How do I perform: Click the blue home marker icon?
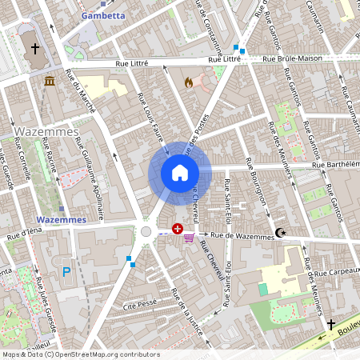[x=179, y=172]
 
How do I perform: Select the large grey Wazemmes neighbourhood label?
[x=46, y=130]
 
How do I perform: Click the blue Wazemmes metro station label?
[x=61, y=219]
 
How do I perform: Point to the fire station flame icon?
[x=189, y=82]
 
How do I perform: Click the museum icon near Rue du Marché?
[x=50, y=82]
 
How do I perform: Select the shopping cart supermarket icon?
[x=190, y=237]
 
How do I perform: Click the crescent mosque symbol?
[x=279, y=233]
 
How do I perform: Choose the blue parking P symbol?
[x=66, y=271]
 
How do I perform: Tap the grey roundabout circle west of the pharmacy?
[x=146, y=231]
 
